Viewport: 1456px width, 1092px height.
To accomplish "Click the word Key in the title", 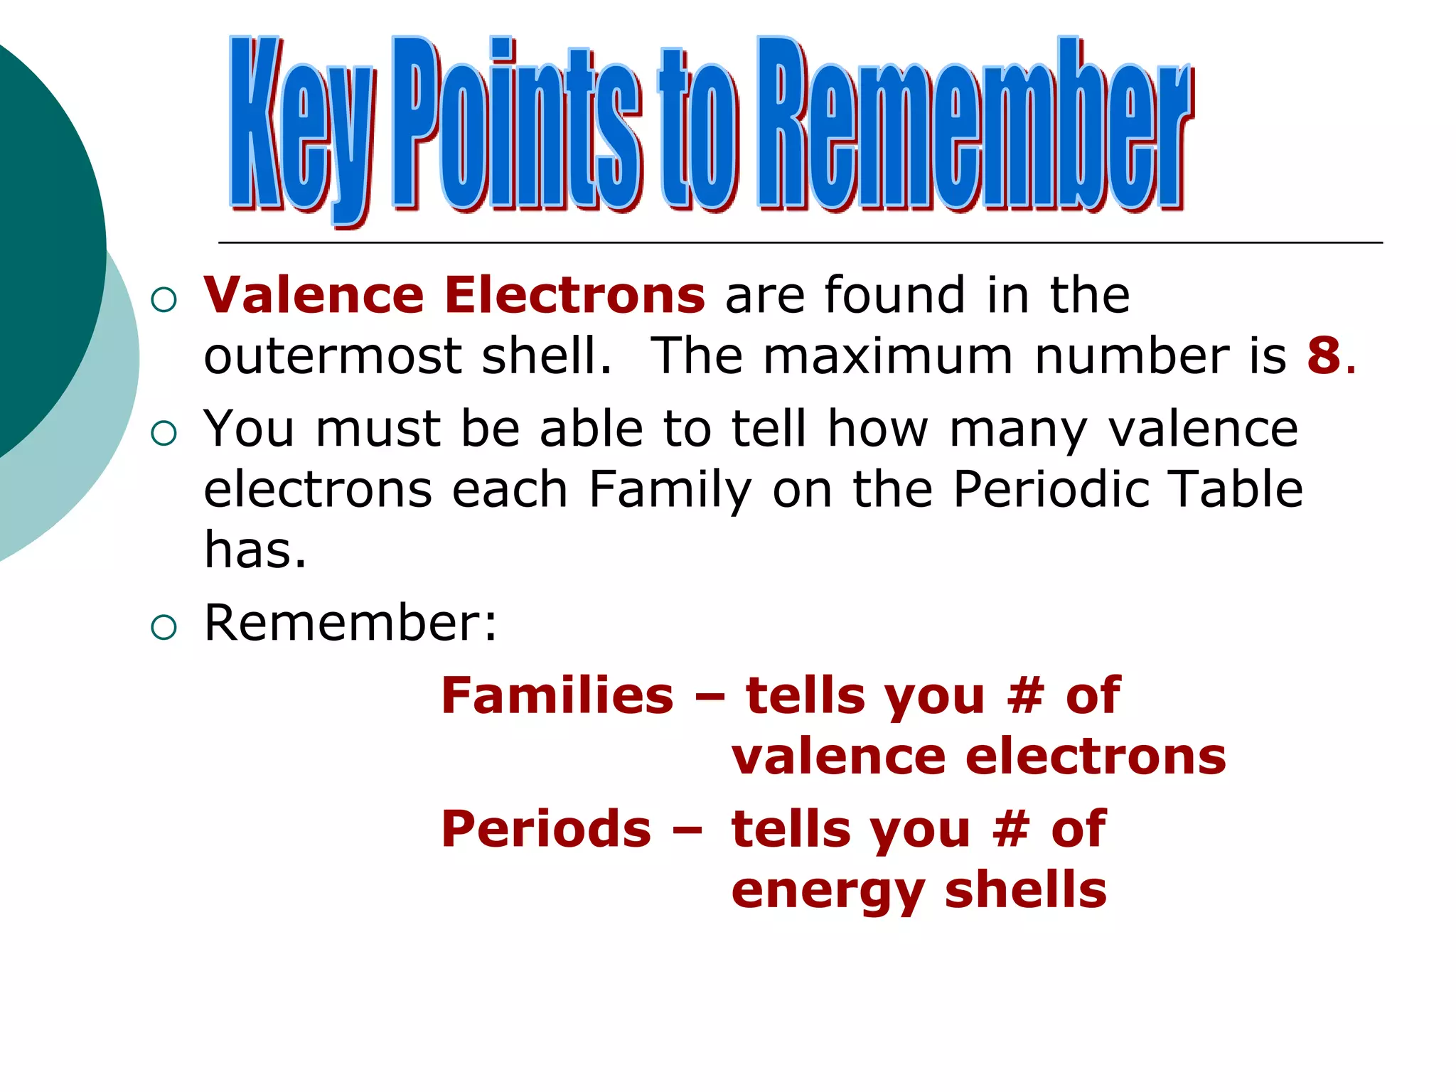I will (301, 128).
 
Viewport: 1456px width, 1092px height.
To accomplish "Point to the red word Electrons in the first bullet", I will (574, 294).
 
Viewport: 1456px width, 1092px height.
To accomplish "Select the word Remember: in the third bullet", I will (350, 623).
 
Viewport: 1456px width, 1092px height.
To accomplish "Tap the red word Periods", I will (546, 829).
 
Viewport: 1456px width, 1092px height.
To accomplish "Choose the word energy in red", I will (828, 892).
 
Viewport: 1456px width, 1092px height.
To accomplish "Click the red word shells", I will (1025, 890).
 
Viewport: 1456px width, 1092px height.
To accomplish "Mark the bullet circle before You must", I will (164, 433).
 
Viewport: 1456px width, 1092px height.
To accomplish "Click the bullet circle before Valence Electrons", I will (164, 299).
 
